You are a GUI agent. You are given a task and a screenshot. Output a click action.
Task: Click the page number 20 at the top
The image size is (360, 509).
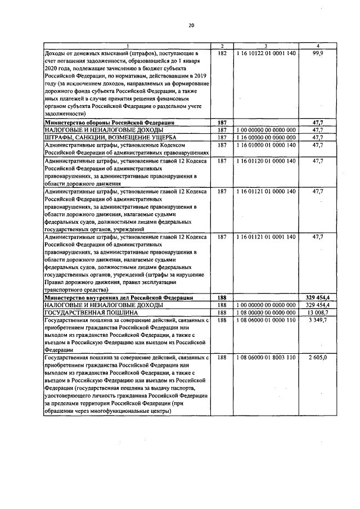(191, 25)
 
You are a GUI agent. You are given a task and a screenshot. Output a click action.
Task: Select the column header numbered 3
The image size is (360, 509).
(266, 46)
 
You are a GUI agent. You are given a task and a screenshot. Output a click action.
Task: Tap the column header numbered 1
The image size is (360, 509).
(127, 46)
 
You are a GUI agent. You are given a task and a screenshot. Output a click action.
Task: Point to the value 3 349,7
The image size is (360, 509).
(318, 319)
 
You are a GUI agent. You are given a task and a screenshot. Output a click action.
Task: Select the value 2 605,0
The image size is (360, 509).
(318, 357)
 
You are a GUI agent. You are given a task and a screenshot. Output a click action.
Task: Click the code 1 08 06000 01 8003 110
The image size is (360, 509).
(266, 357)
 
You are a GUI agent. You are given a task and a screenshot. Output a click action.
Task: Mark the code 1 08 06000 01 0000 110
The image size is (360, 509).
(266, 319)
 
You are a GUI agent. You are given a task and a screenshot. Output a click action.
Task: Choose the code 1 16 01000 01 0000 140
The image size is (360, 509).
(266, 145)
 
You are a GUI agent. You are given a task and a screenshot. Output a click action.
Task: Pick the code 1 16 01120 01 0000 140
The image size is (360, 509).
(266, 161)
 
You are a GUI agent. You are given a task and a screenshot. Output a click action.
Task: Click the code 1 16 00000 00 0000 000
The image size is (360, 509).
(266, 137)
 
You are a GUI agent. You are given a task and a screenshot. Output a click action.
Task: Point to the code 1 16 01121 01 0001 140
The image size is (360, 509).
(266, 237)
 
